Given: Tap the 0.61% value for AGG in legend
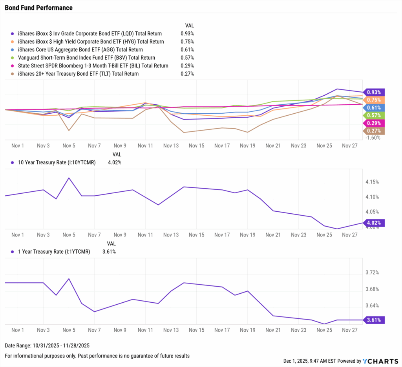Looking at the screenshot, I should [187, 50].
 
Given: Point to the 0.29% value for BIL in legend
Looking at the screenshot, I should [187, 66].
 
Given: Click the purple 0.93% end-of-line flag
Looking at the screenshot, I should [374, 93].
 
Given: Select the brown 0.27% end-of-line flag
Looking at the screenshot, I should [374, 131].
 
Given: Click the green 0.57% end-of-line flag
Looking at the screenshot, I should [374, 115].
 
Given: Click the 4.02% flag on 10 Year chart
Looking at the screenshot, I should [374, 223].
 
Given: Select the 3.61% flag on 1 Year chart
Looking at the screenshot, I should [374, 320].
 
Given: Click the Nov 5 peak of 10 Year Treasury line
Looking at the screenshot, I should [69, 178].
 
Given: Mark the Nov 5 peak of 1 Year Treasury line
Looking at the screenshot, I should [69, 279].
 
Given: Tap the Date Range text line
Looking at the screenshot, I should [47, 346].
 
